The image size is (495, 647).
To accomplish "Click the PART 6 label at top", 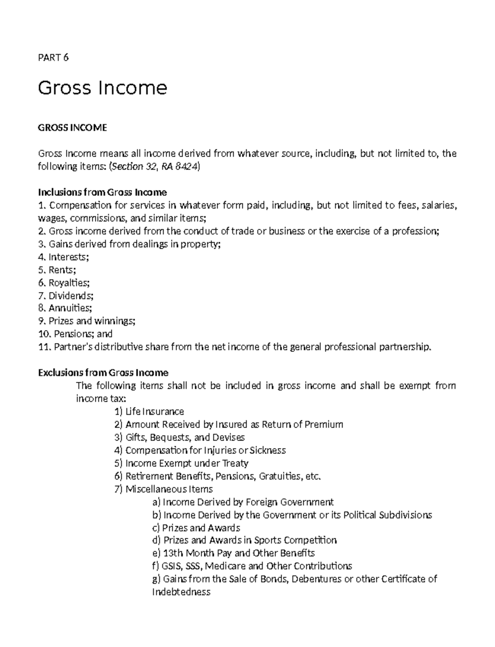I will [x=53, y=58].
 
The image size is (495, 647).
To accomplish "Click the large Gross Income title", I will [x=102, y=88].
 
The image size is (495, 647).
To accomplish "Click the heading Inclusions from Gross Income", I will [x=102, y=192].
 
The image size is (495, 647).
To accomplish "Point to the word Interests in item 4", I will [x=68, y=257].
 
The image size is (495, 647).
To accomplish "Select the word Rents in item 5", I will [x=61, y=270].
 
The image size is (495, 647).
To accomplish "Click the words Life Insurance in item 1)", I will [x=155, y=412].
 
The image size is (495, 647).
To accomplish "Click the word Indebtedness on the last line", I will [x=181, y=592].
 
